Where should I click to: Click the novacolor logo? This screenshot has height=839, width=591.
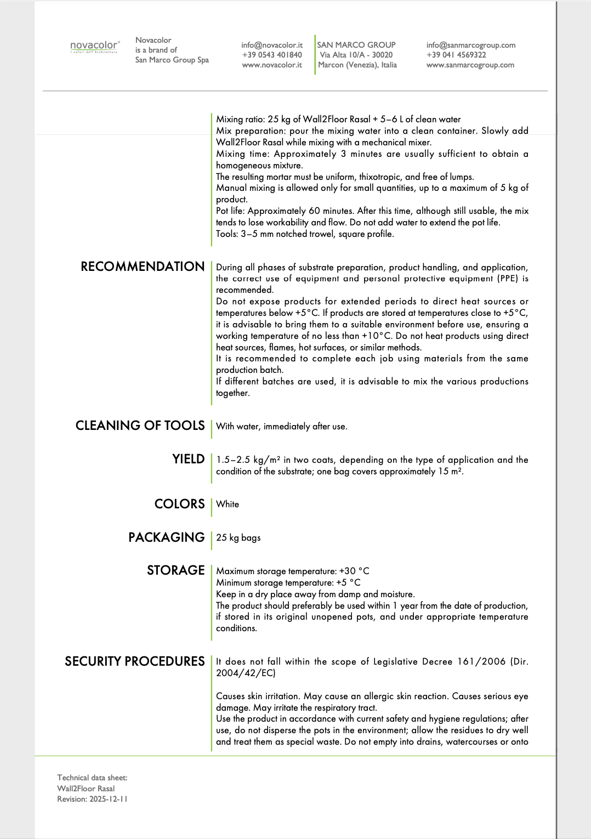tap(94, 47)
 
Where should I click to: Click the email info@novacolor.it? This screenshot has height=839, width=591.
tap(272, 45)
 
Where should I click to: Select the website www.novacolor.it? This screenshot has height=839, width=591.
tap(272, 65)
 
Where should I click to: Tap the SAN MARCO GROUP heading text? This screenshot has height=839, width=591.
tap(356, 45)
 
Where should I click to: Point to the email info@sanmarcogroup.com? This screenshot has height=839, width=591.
tap(471, 45)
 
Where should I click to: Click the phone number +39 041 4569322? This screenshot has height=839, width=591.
tap(456, 55)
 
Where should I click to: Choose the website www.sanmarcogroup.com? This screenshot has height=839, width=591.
tap(470, 65)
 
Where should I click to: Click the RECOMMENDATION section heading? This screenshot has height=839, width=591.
tap(143, 267)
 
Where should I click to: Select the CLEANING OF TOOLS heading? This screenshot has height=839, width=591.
tap(140, 426)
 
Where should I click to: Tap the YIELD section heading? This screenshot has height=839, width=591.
tap(188, 459)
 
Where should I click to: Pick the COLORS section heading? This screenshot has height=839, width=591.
tap(179, 504)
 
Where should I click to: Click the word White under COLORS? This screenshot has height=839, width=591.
tap(228, 504)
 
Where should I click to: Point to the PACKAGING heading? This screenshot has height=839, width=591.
tap(166, 537)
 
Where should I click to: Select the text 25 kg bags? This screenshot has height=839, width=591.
tap(238, 538)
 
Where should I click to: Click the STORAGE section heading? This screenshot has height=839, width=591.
tap(175, 570)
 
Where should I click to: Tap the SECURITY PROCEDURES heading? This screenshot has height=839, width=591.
tap(135, 661)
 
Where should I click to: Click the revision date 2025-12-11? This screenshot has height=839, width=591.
tap(109, 799)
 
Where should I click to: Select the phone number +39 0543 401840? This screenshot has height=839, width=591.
tap(272, 55)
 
